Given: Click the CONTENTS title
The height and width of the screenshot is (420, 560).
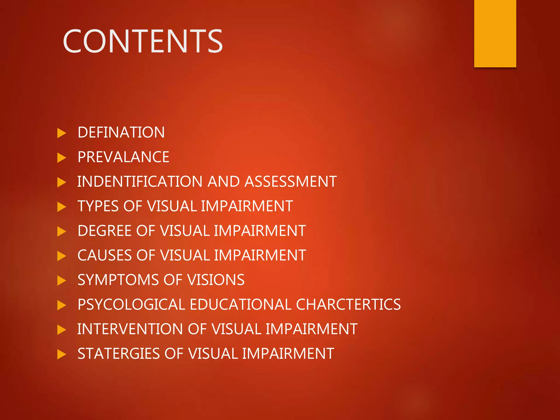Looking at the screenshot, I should (143, 41).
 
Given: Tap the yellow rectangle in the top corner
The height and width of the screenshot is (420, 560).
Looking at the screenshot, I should (495, 33).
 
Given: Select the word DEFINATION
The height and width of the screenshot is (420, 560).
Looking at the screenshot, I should (121, 133).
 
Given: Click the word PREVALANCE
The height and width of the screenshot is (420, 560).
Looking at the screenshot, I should (123, 157).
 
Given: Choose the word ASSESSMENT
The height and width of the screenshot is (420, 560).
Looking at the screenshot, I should (291, 182).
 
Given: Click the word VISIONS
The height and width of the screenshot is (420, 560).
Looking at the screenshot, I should (216, 280).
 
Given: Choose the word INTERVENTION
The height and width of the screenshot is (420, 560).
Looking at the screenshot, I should (130, 329).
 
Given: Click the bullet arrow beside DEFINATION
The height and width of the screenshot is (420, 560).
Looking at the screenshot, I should (62, 133).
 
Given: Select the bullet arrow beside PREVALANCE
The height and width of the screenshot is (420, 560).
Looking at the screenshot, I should (62, 158).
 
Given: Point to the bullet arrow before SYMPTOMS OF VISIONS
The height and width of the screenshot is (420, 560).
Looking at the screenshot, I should (62, 281).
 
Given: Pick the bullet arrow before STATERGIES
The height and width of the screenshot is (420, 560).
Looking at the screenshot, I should (62, 354).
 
